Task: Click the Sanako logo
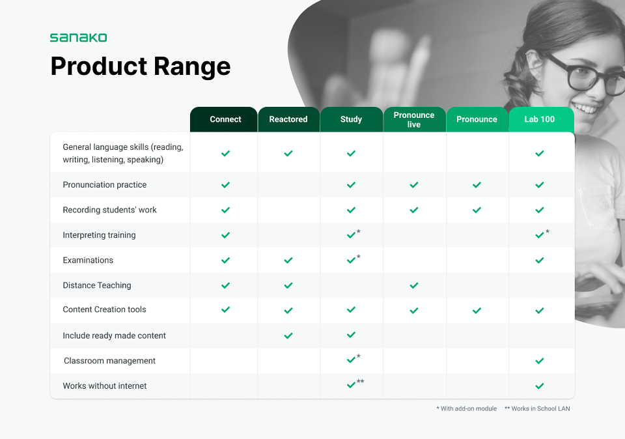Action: pos(79,38)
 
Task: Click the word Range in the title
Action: pos(191,66)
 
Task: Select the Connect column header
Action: pos(226,119)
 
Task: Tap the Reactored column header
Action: pos(288,119)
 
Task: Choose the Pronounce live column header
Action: pos(414,119)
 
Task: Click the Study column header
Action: pos(351,119)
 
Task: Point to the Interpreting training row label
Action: pos(99,235)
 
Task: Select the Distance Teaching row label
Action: pos(97,285)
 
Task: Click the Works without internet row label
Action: pos(105,386)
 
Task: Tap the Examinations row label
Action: pos(88,261)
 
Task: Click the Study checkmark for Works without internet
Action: pos(351,385)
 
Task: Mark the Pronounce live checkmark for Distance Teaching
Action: pos(414,285)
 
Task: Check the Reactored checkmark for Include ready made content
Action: pos(288,335)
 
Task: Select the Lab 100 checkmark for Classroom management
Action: pos(540,361)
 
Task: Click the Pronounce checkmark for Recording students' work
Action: pos(477,210)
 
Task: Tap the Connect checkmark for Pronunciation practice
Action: pos(226,185)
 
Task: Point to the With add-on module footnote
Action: pos(467,408)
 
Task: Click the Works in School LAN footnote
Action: pos(537,408)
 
